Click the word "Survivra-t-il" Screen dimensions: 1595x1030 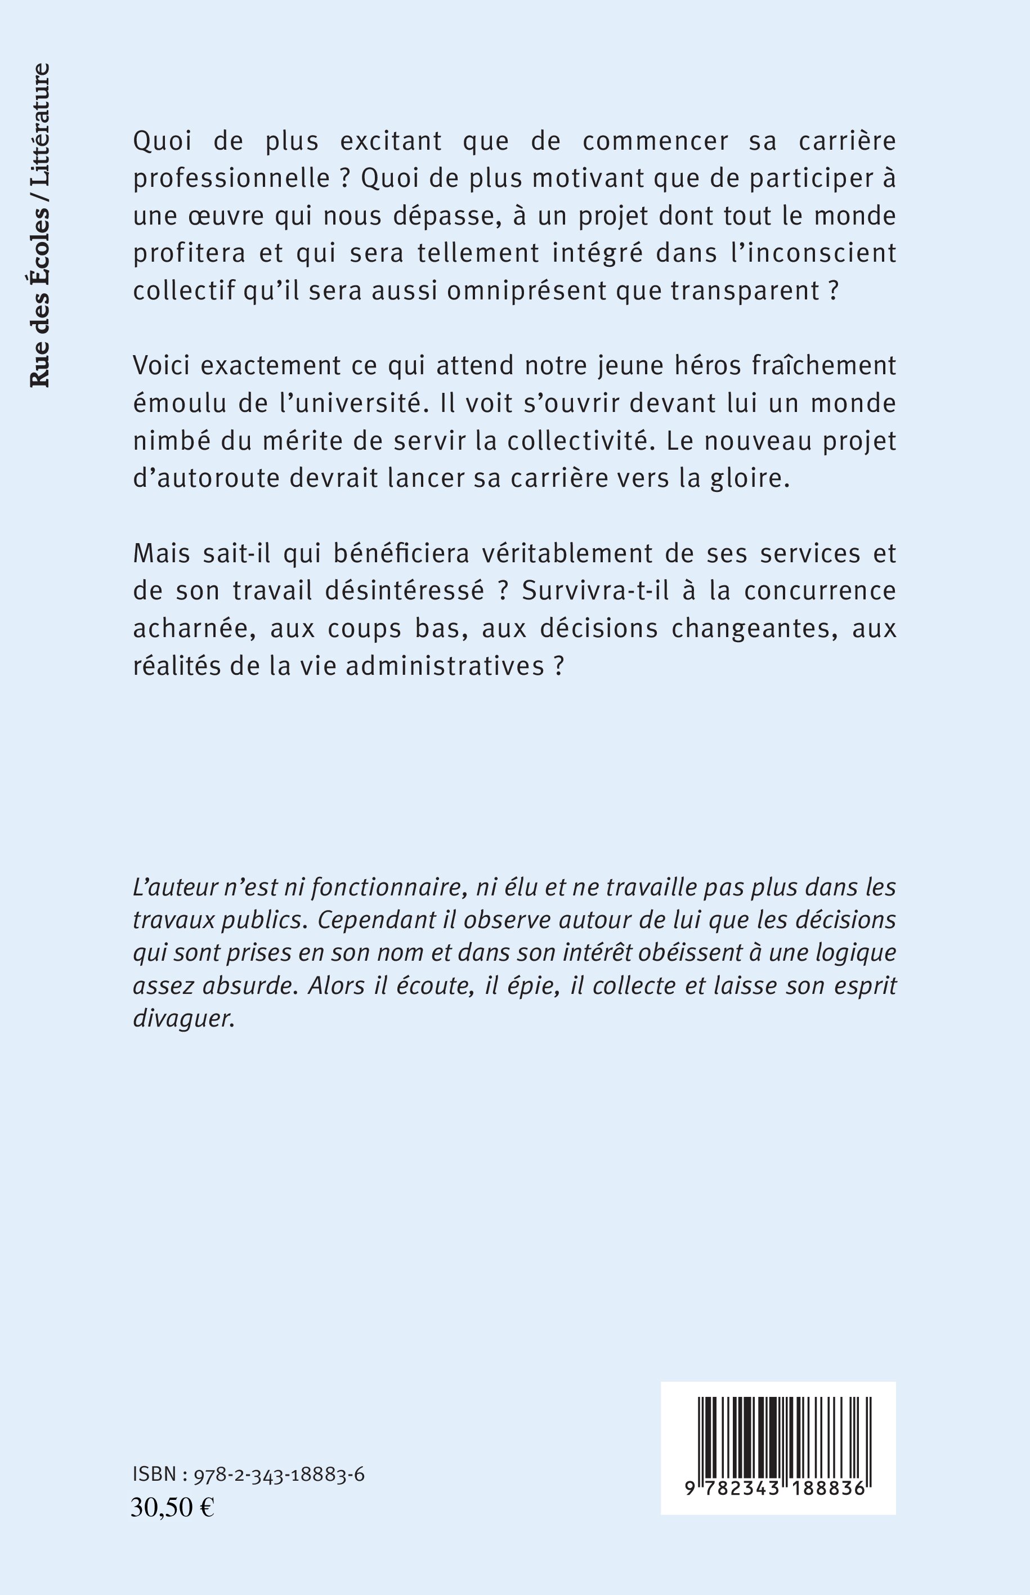tap(597, 591)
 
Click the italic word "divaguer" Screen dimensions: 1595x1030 tap(184, 1019)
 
